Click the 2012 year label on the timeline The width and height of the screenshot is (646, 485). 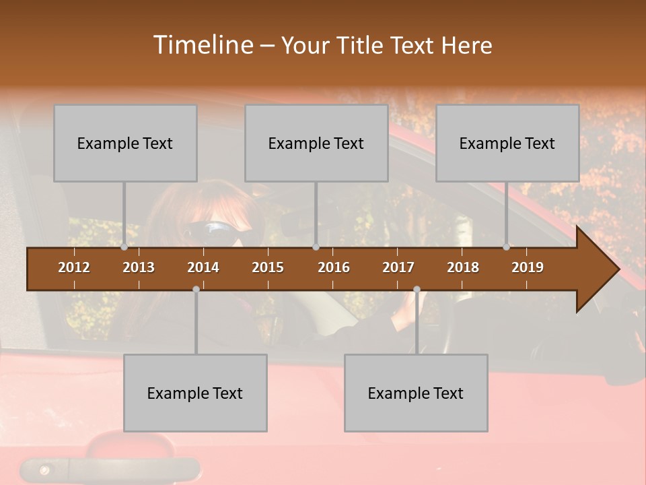coord(74,267)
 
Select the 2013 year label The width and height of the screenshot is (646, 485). coord(139,267)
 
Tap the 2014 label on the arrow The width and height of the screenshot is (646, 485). coord(203,267)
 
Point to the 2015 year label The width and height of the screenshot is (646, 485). coord(268,267)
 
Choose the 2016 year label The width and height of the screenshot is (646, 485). coord(334,267)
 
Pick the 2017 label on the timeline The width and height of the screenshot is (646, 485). coord(398,267)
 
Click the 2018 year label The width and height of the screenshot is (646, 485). coord(463,267)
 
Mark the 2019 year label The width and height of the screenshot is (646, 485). coord(528,267)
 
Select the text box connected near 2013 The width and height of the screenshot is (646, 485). coord(125,143)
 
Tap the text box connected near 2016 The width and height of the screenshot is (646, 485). coord(316,143)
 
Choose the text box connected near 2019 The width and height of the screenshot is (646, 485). coord(507,143)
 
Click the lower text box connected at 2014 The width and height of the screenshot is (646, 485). coord(195,393)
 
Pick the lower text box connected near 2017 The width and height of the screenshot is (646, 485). coord(416,393)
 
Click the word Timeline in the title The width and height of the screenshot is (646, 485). coord(203,44)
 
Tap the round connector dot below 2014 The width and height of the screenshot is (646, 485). coord(196,289)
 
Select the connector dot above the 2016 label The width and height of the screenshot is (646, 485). coord(316,247)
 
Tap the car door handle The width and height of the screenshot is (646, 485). coord(111,468)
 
